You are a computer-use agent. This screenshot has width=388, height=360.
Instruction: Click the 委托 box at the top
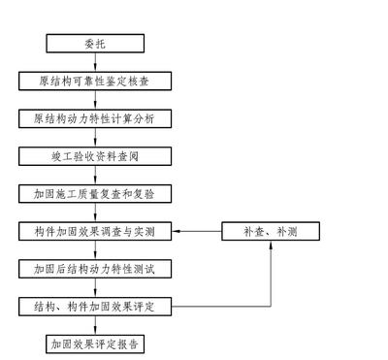(x=96, y=44)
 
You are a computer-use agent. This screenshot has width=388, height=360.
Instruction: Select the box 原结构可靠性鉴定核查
(x=96, y=82)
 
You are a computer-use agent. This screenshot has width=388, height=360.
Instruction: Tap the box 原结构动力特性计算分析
(x=96, y=119)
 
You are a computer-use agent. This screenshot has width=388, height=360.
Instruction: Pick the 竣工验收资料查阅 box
(x=96, y=156)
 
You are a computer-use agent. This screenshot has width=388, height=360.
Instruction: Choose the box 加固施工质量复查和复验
(x=96, y=194)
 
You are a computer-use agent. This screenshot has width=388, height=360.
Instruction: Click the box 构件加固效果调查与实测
(x=96, y=232)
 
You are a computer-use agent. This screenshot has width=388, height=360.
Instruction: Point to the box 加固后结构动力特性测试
(x=96, y=270)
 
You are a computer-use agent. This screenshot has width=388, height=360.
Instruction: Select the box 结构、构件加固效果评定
(x=96, y=307)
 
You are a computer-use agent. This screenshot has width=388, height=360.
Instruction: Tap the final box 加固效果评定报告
(x=96, y=344)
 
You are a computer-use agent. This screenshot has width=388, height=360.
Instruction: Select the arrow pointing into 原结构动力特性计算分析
(x=96, y=100)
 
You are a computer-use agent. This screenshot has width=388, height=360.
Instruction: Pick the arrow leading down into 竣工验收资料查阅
(x=96, y=138)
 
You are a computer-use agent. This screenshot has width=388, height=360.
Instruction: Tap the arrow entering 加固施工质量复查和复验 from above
(x=96, y=176)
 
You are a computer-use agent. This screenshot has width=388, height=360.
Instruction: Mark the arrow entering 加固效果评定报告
(x=96, y=326)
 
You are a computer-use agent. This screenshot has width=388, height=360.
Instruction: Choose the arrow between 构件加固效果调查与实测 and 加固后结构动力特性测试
(x=96, y=250)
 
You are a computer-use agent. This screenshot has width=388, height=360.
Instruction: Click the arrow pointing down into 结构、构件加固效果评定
(x=96, y=288)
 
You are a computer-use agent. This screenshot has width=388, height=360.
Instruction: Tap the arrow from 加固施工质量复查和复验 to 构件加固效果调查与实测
(x=96, y=213)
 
